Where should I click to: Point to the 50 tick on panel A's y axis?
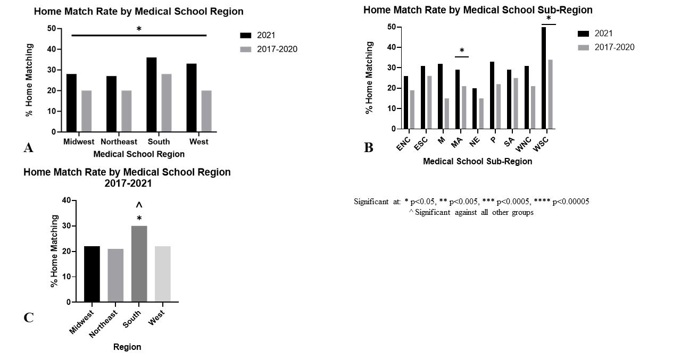pos(52,28)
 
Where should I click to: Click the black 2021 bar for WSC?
pos(544,78)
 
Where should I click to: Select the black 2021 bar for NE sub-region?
pos(475,108)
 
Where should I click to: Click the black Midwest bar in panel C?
pos(92,274)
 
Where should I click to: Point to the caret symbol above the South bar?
pos(139,205)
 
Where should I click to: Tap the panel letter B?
pos(368,148)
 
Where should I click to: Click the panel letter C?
pos(29,318)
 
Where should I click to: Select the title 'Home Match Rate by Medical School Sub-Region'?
pos(478,10)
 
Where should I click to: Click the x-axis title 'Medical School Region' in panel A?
pos(139,154)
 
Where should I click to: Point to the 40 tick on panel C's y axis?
pos(66,200)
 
